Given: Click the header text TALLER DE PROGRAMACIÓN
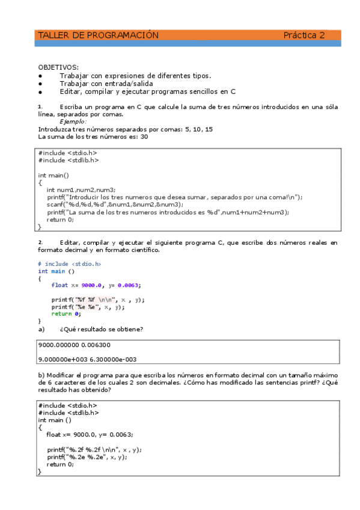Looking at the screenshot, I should point(98,35).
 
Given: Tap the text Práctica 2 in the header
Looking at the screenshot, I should point(304,35).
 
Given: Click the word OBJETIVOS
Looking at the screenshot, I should point(58,67).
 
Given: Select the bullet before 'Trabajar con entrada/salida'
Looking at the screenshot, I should point(40,84).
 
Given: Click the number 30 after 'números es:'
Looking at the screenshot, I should point(144,137).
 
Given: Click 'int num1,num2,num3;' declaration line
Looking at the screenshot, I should point(81,189).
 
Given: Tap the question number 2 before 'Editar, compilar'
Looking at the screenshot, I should point(40,243).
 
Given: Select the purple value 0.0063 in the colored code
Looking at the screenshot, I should point(129,285).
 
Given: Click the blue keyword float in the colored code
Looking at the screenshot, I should point(59,285).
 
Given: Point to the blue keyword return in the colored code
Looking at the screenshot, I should point(61,314).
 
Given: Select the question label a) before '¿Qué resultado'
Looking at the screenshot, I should point(41,329).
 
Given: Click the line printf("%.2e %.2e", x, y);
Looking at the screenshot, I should point(88,456).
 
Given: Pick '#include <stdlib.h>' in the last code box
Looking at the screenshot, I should point(68,413).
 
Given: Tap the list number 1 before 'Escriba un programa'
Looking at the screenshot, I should point(40,107).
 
